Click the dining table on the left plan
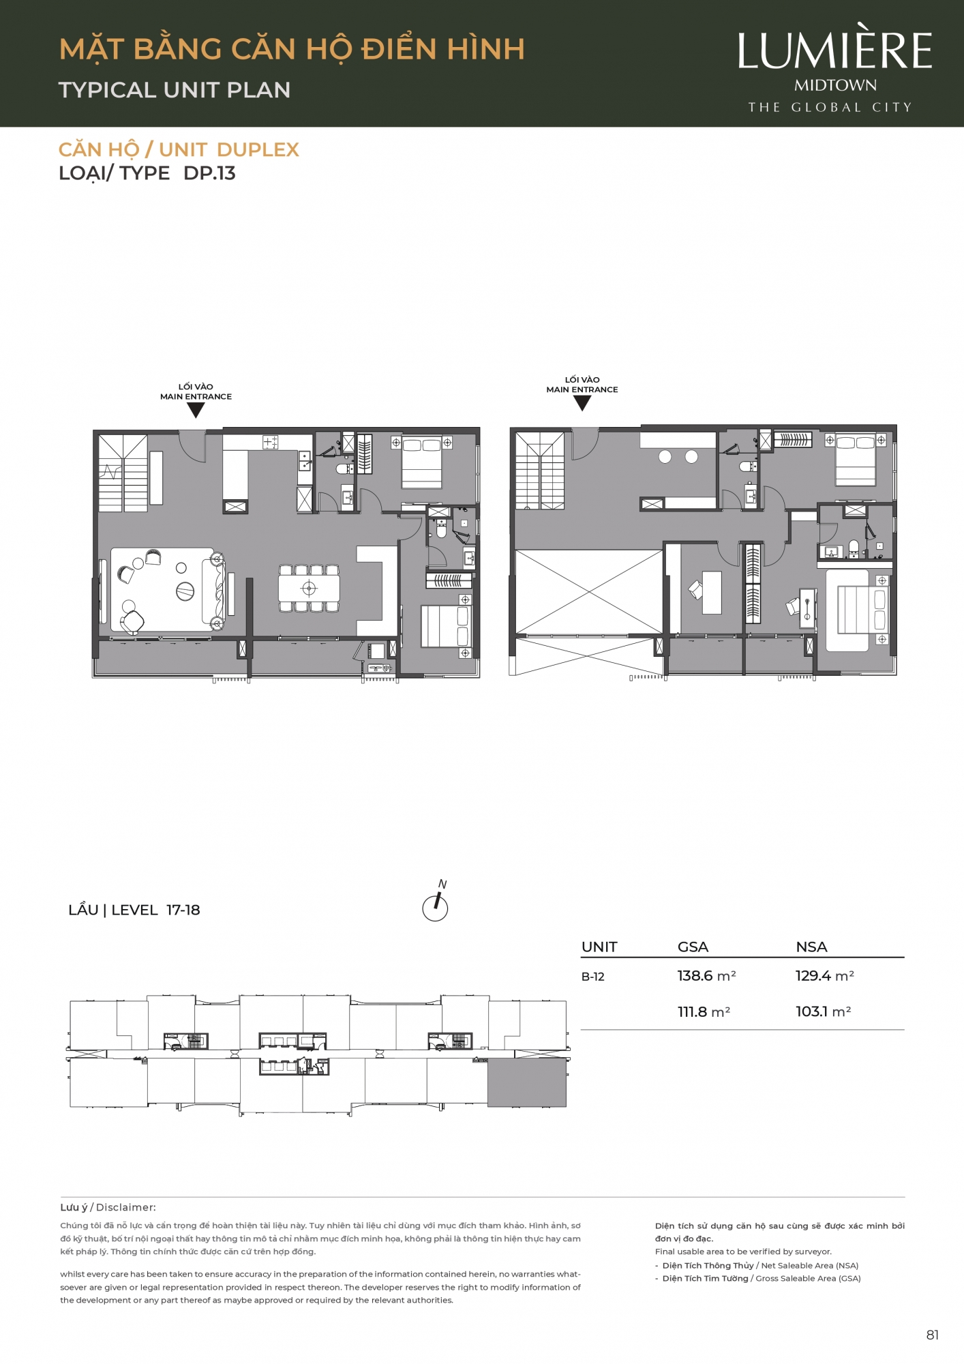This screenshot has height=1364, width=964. click(309, 588)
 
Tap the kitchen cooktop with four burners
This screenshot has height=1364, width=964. click(271, 443)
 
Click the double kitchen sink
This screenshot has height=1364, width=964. click(305, 461)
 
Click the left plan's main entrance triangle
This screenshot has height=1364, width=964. click(196, 410)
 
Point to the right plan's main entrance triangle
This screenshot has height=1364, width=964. click(582, 403)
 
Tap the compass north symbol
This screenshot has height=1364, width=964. click(436, 902)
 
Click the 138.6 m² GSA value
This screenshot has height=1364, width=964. click(706, 976)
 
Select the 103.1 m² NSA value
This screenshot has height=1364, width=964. click(824, 1011)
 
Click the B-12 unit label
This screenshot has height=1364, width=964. click(593, 977)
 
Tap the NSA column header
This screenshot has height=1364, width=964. click(811, 947)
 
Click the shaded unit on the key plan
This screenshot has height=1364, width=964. click(527, 1082)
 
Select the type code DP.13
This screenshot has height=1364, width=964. click(210, 173)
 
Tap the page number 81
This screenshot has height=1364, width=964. click(933, 1335)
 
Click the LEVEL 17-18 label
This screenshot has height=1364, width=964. click(155, 910)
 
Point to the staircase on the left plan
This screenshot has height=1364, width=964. click(123, 473)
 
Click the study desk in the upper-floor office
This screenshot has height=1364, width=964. click(712, 592)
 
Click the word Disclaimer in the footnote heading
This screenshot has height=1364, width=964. click(126, 1207)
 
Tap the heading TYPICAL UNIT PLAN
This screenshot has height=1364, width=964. click(175, 90)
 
